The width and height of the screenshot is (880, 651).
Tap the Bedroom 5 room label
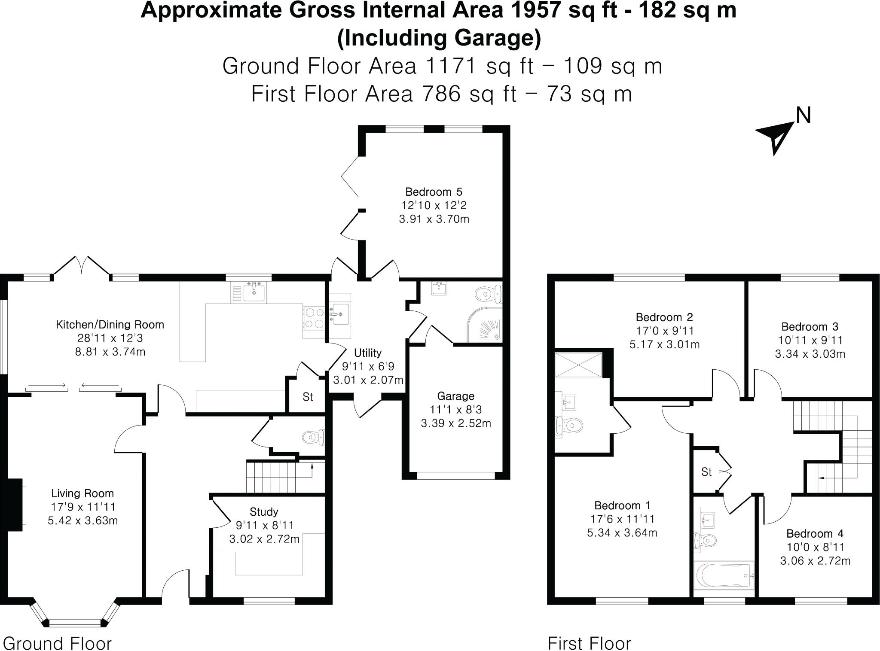434,192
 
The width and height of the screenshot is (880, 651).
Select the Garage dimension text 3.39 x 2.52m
455,423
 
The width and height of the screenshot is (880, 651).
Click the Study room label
264,511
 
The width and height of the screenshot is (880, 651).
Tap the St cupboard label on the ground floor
308,397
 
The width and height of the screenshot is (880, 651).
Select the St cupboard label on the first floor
706,472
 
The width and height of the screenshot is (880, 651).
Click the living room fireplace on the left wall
14,505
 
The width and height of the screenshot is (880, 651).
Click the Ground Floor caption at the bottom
57,643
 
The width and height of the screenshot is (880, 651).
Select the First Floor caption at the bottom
589,643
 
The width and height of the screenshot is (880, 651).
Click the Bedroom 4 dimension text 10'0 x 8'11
815,547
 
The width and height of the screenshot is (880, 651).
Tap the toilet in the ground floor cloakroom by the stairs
312,438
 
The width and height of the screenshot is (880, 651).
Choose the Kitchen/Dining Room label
110,324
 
